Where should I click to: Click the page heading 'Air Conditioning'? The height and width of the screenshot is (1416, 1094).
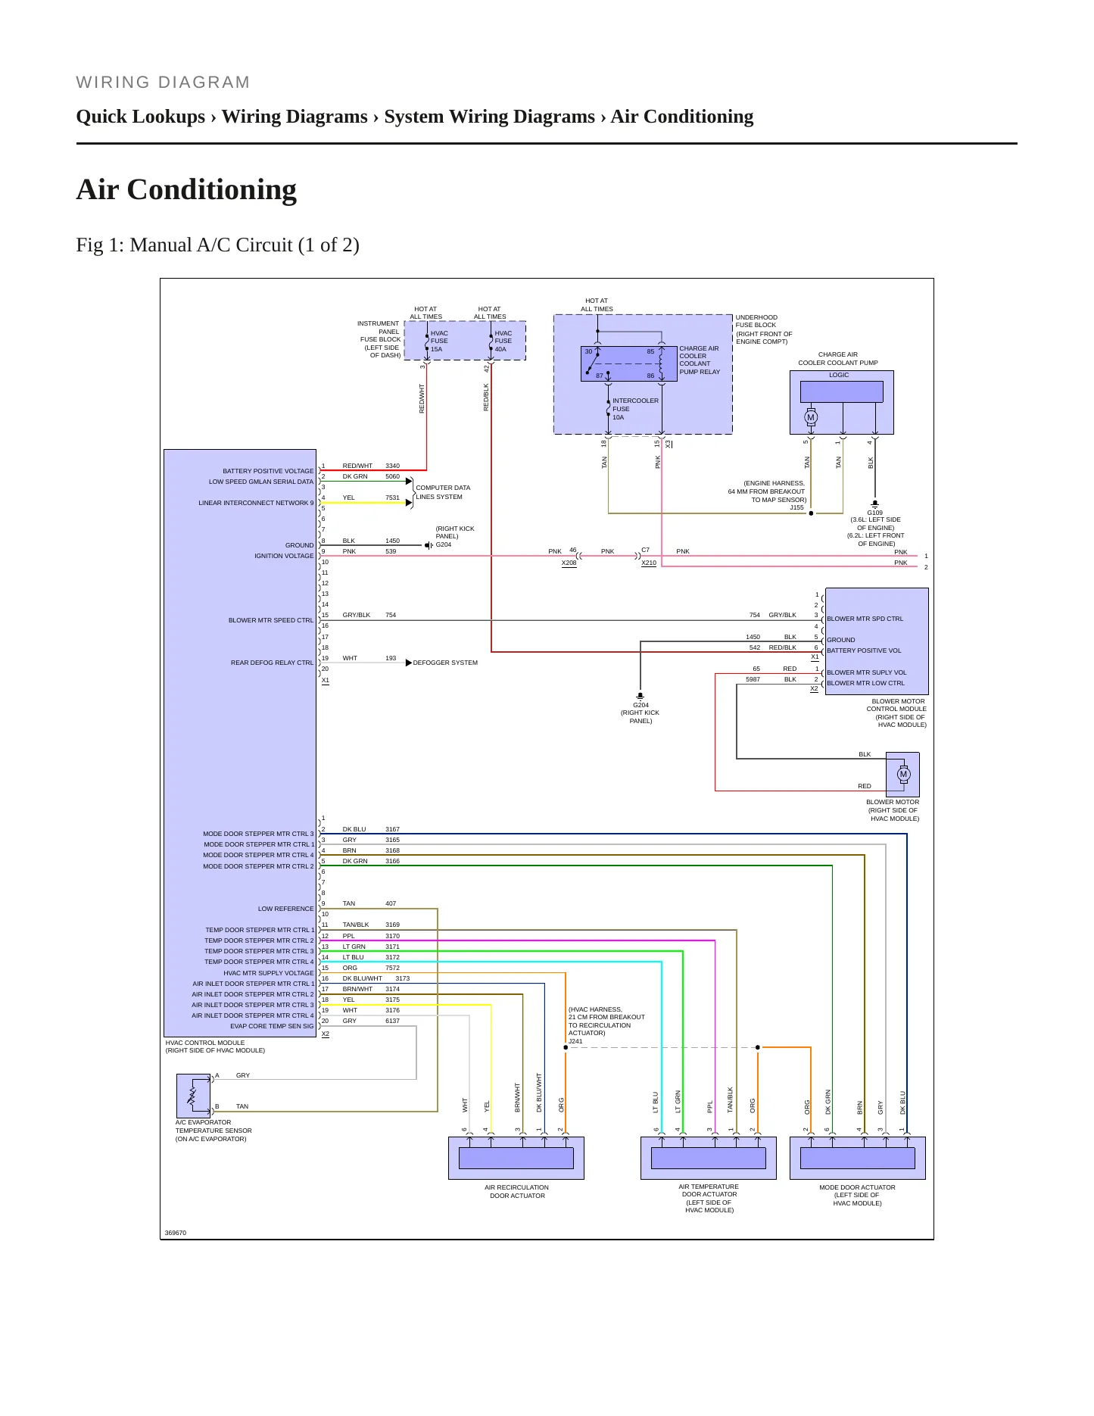click(186, 189)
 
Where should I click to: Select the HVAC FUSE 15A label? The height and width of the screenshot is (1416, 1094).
click(439, 341)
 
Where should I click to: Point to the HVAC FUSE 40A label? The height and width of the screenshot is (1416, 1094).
click(503, 341)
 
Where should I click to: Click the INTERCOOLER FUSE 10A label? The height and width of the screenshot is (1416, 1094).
click(635, 409)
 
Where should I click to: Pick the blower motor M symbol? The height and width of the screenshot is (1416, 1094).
click(903, 774)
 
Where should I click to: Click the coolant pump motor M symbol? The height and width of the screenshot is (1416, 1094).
click(811, 417)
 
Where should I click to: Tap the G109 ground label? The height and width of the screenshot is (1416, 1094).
click(874, 513)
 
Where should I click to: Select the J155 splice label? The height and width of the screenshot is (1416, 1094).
click(796, 507)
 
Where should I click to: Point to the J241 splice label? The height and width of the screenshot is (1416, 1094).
click(575, 1041)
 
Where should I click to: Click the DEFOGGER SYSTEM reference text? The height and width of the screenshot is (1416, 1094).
click(445, 663)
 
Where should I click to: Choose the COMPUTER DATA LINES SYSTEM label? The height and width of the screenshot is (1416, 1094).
click(443, 492)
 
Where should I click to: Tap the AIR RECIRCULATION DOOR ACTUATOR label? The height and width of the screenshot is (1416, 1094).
click(517, 1191)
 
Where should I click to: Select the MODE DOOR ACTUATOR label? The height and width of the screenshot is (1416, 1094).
click(857, 1195)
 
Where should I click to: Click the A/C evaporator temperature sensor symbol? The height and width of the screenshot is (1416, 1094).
click(193, 1095)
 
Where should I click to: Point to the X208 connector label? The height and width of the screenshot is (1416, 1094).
click(569, 563)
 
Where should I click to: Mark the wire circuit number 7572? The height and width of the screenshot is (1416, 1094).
click(392, 968)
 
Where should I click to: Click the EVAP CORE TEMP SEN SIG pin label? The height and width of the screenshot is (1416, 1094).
click(272, 1026)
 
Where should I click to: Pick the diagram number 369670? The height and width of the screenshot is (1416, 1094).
click(176, 1233)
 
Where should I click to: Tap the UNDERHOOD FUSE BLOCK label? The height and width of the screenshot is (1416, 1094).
click(764, 329)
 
